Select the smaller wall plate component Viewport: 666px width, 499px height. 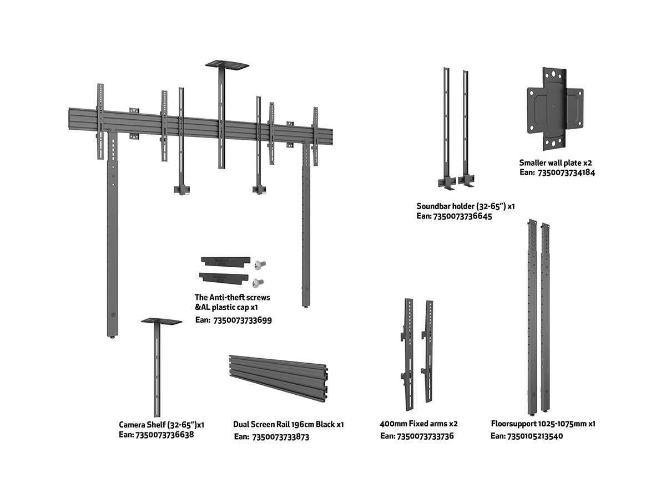555,109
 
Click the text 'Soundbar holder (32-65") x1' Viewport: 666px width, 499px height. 466,206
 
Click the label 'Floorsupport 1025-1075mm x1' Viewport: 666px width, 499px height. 543,424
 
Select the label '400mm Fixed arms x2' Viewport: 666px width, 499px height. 418,424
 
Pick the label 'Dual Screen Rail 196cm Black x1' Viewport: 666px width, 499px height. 289,425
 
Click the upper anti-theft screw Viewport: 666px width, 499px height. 260,264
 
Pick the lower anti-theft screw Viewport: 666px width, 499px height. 257,283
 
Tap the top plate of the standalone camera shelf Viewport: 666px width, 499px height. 162,322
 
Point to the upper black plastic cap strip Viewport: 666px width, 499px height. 225,261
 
